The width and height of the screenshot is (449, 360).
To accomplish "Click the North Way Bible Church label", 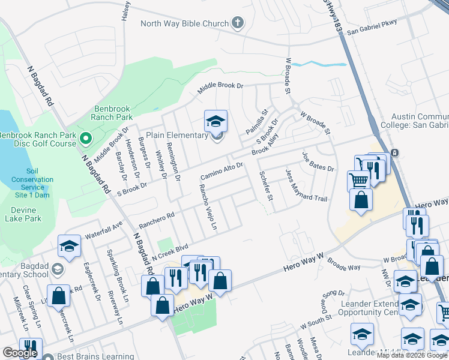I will [x=184, y=24].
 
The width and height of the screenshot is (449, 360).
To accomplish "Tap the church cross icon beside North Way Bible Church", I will [x=238, y=24].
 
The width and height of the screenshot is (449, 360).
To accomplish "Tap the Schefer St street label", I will [x=265, y=185].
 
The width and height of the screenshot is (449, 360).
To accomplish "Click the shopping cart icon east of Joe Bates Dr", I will [x=358, y=179].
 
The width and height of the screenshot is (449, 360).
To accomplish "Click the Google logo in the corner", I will [x=20, y=353].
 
